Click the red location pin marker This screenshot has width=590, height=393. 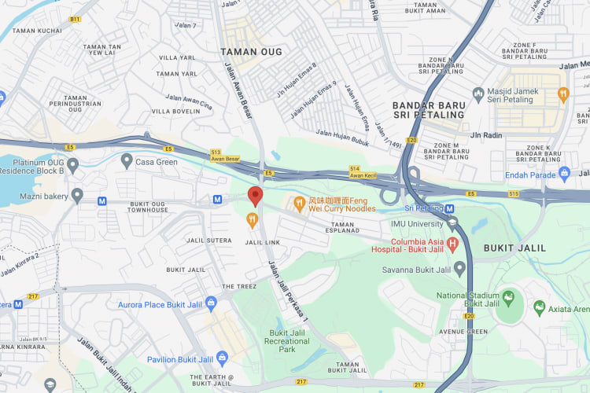[255, 196]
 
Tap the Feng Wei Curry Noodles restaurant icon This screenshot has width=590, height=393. [299, 204]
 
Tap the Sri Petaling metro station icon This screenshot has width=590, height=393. [449, 208]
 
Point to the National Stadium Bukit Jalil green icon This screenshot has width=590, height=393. [508, 299]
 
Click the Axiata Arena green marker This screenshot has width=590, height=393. [539, 307]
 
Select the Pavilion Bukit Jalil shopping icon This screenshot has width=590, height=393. [223, 358]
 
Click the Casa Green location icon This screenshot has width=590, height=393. [127, 160]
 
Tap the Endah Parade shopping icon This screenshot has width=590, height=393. [565, 174]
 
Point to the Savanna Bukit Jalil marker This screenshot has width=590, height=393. [460, 271]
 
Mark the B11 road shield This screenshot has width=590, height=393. [75, 19]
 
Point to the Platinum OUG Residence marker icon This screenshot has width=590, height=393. [72, 166]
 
